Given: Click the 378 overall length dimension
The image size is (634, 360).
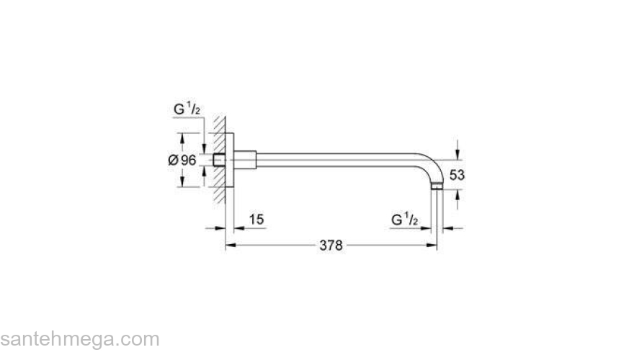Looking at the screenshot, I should (x=331, y=246).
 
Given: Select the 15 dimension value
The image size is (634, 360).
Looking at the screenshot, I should (x=255, y=219).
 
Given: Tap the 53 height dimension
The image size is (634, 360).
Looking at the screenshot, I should (x=457, y=175).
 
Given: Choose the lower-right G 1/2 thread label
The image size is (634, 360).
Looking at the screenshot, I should (x=405, y=219).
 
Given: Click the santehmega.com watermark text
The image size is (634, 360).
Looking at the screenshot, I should (x=79, y=339).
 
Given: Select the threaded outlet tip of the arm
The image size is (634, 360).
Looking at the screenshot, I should (x=437, y=187).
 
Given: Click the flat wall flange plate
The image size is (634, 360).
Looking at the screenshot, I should (x=231, y=160).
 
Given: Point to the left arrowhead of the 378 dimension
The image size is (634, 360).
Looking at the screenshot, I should (x=231, y=246).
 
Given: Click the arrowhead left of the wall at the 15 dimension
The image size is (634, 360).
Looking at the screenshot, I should (x=220, y=228).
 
